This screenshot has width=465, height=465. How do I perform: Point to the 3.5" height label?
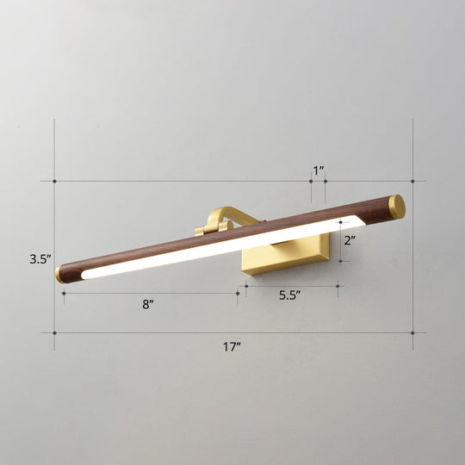[x=40, y=257]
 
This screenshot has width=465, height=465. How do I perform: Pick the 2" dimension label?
[x=349, y=241]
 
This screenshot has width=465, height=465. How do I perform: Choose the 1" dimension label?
[x=319, y=170]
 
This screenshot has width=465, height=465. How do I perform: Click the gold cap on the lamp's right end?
[x=396, y=206]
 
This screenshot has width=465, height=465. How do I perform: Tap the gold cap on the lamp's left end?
[x=60, y=274]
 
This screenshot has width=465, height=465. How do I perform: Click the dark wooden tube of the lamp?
[x=258, y=226]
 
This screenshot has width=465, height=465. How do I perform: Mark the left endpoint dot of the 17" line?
[x=55, y=333]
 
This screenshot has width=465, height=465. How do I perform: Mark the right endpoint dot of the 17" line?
[x=412, y=333]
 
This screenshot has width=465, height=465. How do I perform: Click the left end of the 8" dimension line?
[x=64, y=293]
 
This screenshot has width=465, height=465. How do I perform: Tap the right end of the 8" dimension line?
[x=238, y=293]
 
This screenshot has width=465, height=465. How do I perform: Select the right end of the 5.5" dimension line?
[x=338, y=286]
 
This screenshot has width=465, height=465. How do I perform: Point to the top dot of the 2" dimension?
[x=341, y=223]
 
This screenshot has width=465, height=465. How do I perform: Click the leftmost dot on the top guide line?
[x=55, y=181]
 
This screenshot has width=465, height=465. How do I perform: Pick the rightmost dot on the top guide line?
[x=412, y=181]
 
